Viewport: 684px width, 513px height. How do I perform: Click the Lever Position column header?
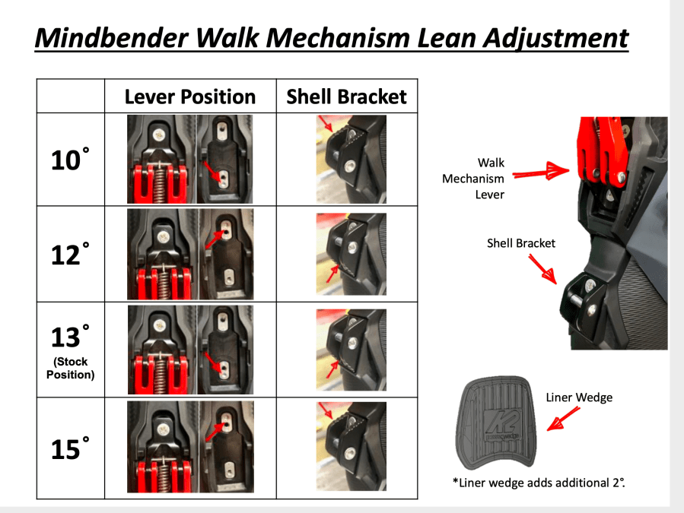click(x=190, y=97)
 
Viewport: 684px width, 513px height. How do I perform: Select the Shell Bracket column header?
click(x=346, y=97)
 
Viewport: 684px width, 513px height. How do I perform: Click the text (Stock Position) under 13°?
click(x=70, y=368)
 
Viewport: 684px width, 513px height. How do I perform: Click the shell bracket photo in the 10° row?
click(x=351, y=159)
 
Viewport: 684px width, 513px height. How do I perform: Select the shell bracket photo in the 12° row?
click(x=351, y=254)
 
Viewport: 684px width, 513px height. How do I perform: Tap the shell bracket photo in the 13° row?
click(x=351, y=350)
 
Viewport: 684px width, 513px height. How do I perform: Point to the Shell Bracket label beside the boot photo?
click(x=521, y=243)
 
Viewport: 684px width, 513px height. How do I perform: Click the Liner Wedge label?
click(x=578, y=397)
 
